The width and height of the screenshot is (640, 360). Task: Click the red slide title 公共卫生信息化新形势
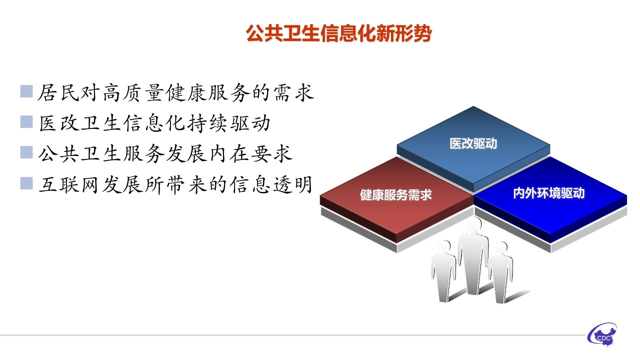pos(338,33)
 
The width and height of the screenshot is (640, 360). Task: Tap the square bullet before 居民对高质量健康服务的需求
pos(26,91)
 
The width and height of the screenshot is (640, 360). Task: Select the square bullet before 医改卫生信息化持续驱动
pos(26,121)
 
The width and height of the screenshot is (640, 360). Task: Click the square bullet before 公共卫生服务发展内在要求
pos(26,152)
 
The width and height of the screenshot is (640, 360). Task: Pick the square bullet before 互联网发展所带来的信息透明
pos(26,183)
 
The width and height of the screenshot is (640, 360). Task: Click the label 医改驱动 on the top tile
pos(473,143)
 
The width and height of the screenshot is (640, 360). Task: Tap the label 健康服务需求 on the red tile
pos(395,195)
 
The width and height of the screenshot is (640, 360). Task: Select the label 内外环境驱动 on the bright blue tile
pos(549,193)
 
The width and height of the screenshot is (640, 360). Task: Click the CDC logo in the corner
pos(602,335)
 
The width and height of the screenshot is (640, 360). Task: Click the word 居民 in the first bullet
pos(58,92)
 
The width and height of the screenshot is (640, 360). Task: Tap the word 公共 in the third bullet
pos(58,154)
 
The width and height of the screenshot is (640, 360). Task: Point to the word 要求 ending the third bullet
pos(272,154)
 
